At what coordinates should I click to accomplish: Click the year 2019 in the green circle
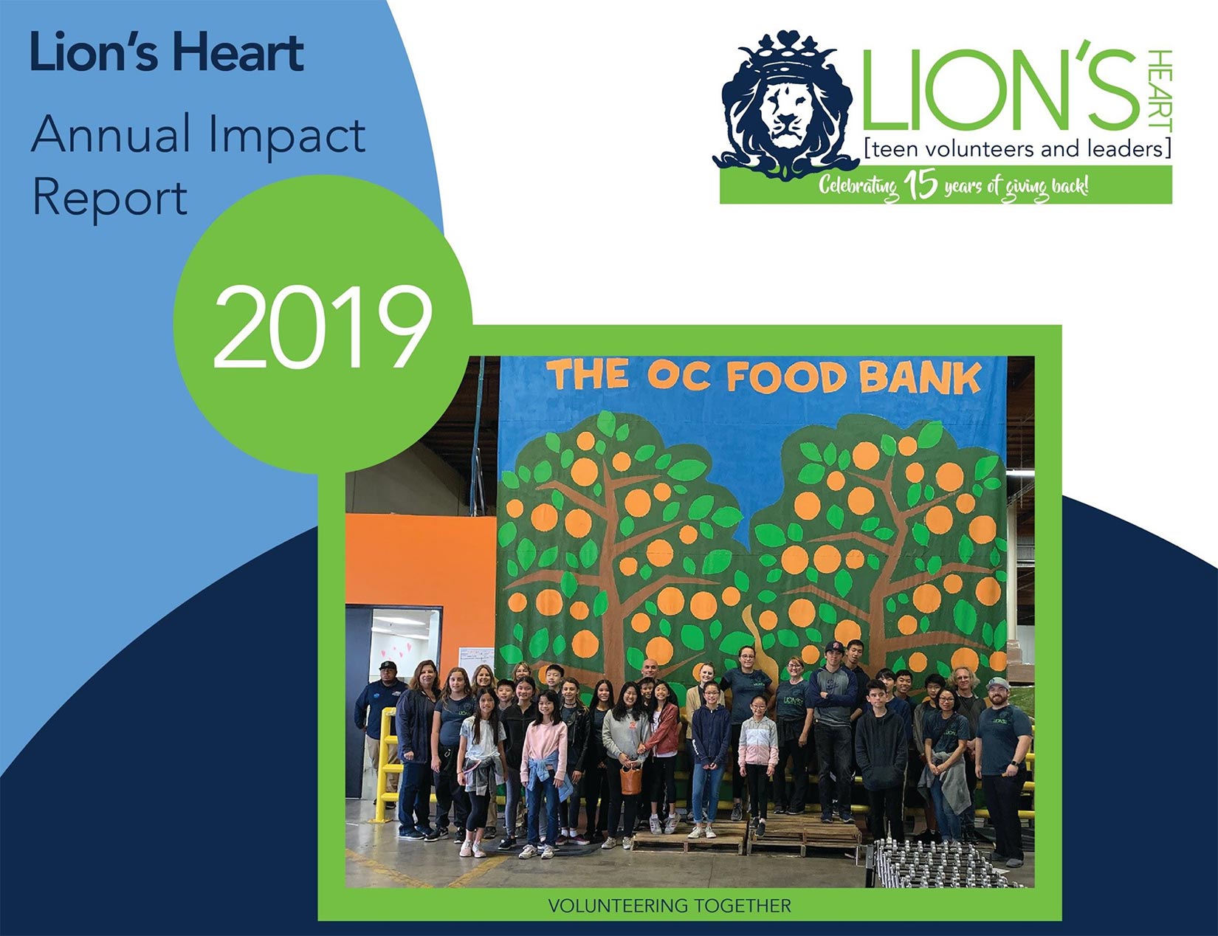(x=323, y=327)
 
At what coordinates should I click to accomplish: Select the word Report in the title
(x=110, y=199)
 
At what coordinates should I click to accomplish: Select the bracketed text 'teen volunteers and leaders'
(x=1017, y=149)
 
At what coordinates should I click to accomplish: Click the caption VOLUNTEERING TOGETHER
(x=670, y=905)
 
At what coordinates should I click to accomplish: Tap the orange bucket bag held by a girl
(x=630, y=778)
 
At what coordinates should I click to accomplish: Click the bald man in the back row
(x=650, y=670)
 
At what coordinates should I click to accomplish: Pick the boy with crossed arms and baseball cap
(x=833, y=729)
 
